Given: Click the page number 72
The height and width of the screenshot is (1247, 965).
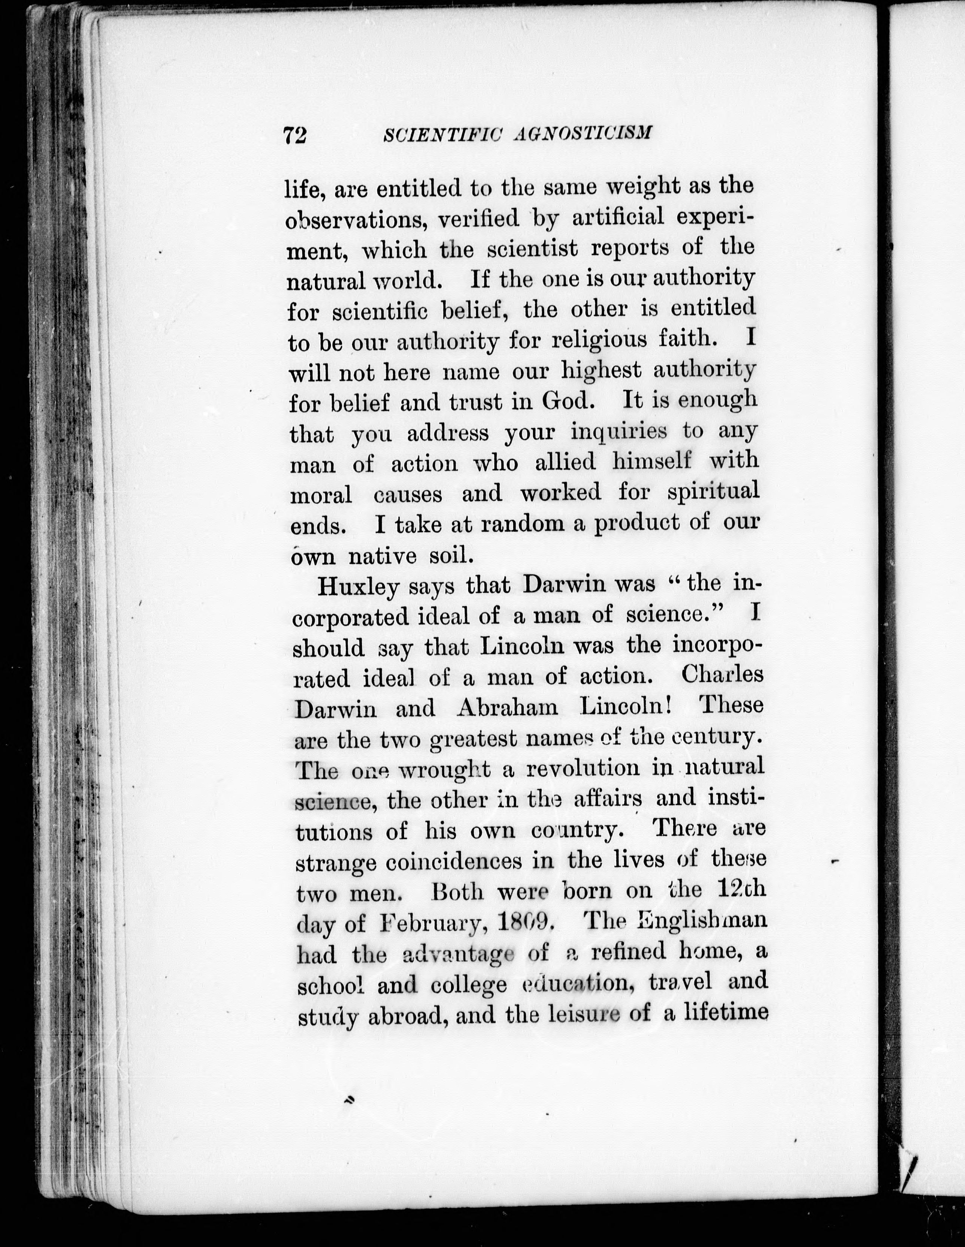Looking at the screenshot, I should [x=295, y=135].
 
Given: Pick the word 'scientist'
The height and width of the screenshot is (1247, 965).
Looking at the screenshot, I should [x=533, y=249].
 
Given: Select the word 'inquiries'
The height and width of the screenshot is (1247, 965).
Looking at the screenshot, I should [x=619, y=432].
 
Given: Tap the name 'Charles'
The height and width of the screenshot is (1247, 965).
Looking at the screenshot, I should [x=722, y=675].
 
